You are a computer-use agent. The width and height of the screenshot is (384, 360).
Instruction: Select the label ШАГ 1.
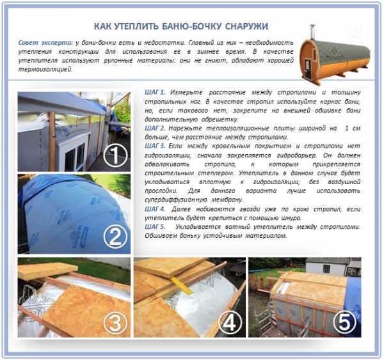[155, 92]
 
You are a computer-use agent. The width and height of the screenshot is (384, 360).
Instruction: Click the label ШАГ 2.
[155, 128]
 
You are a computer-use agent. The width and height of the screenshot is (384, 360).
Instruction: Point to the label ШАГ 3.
[155, 146]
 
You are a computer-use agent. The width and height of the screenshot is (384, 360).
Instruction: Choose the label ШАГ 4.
[155, 209]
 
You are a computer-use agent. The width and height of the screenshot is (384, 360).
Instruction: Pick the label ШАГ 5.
[155, 226]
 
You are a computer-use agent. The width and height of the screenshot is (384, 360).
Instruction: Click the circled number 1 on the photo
[115, 155]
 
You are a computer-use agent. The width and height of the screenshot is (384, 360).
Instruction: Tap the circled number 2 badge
[115, 237]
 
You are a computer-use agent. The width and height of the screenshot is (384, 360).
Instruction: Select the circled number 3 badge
[115, 324]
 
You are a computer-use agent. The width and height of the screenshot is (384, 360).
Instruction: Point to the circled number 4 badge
[230, 323]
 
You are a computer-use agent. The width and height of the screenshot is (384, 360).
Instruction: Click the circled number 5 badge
[344, 322]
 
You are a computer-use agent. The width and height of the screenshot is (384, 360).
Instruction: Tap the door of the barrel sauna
[307, 67]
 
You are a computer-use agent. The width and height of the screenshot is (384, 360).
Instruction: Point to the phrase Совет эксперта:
[45, 43]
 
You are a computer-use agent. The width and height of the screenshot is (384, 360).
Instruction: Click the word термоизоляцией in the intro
[45, 69]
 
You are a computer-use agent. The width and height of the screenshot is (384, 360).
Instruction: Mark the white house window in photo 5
[326, 269]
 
